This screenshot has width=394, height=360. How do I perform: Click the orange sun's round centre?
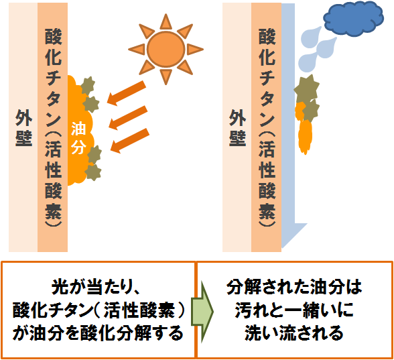click(166, 49)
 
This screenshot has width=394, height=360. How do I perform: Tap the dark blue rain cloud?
click(354, 18)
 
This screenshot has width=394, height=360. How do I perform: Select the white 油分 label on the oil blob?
click(78, 138)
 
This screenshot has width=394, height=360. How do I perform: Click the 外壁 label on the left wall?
click(24, 128)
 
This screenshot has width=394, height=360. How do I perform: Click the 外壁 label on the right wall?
click(237, 128)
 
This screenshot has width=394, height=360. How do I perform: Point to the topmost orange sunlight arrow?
click(127, 93)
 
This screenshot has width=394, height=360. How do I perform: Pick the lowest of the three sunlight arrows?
click(130, 141)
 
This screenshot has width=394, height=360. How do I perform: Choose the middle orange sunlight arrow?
click(128, 118)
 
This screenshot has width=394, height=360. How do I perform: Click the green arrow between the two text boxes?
click(202, 311)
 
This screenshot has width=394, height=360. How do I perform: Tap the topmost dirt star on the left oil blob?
click(88, 86)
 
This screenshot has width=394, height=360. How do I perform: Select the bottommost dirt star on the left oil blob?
click(93, 172)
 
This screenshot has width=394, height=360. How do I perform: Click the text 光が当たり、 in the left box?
click(96, 287)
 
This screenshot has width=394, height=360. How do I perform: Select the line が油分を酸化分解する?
click(98, 333)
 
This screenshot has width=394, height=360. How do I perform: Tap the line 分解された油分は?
click(294, 287)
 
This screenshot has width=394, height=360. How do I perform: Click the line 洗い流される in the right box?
click(294, 333)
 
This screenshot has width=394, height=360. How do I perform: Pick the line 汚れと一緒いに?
click(294, 310)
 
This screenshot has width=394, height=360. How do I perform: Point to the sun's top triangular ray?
click(166, 22)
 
